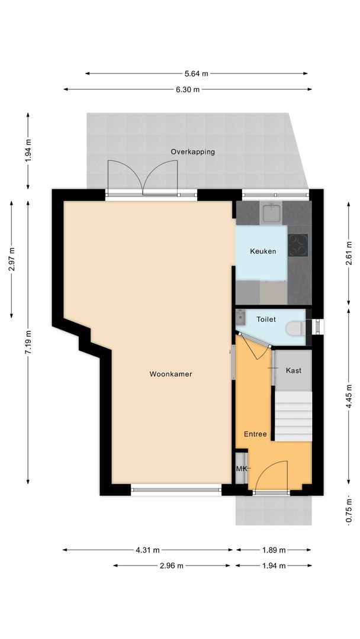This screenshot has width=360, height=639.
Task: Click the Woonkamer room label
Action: click(171, 374)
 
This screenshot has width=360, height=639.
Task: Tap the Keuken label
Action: click(263, 251)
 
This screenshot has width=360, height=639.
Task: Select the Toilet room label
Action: click(266, 319)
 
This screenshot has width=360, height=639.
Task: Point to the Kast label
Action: click(293, 370)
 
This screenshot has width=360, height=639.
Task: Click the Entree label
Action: click(256, 434)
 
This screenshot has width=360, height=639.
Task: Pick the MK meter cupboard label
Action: click(241, 469)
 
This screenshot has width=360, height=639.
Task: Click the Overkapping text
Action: click(192, 151)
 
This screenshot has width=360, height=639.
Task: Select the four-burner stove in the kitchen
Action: click(298, 246)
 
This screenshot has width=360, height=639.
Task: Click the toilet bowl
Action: click(296, 328)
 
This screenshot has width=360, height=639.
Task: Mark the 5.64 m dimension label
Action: click(196, 74)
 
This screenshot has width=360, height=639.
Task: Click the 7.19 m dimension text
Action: click(28, 341)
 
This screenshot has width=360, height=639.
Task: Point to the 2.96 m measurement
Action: click(172, 566)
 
